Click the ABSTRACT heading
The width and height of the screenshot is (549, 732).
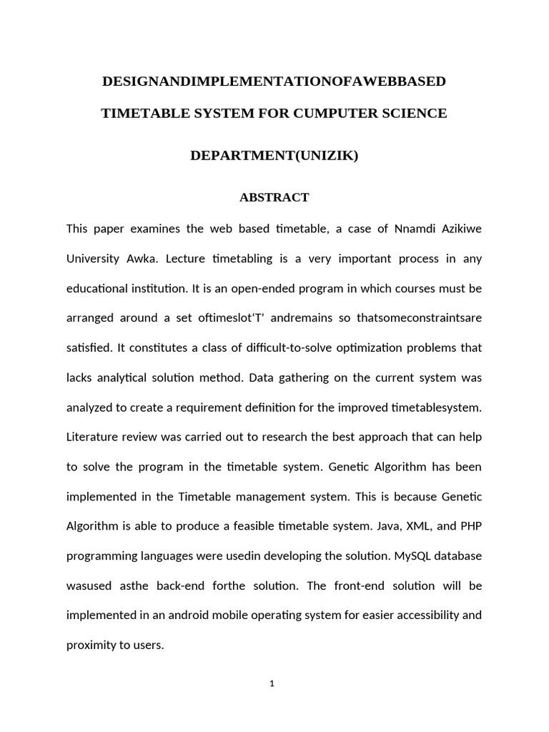click(x=274, y=197)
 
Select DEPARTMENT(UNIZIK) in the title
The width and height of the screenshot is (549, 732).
click(x=274, y=155)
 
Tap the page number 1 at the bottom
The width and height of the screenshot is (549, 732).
click(x=272, y=684)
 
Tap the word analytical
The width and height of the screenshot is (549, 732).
click(x=129, y=377)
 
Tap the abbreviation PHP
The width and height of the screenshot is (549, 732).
click(x=470, y=526)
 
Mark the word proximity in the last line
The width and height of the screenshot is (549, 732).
click(x=91, y=645)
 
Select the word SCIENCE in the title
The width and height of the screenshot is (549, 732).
click(x=415, y=113)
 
